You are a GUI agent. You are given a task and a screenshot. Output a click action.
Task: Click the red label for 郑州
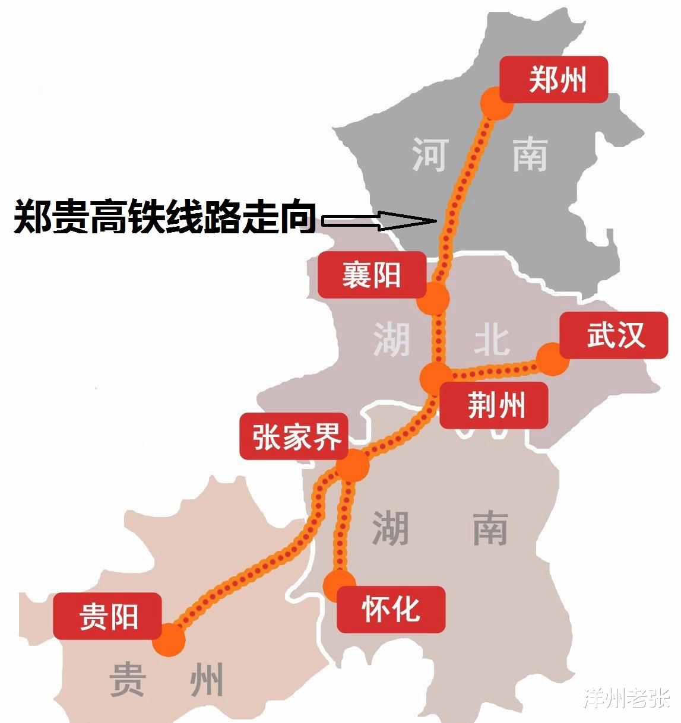click(553, 80)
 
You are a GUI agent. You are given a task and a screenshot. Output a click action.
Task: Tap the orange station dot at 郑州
click(496, 103)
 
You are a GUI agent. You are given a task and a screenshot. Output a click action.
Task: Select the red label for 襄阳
click(372, 275)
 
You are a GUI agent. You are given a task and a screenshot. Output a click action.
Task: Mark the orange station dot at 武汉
click(552, 359)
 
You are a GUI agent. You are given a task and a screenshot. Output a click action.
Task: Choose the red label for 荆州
click(493, 405)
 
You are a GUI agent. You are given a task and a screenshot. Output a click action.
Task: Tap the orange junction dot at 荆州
click(436, 377)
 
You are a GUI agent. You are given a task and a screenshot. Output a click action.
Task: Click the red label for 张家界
click(293, 436)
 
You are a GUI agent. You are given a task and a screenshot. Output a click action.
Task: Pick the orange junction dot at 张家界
click(352, 465)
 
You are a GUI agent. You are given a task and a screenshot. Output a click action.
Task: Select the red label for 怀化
click(391, 609)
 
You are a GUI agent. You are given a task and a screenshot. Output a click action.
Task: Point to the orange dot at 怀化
click(340, 585)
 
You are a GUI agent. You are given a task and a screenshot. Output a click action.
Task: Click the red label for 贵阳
click(107, 616)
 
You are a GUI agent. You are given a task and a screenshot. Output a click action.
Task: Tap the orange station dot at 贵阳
click(169, 640)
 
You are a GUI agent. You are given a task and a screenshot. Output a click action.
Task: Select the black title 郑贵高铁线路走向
click(164, 217)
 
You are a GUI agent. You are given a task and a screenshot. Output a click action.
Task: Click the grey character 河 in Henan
click(429, 155)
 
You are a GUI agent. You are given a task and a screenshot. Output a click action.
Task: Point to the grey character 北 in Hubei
click(492, 340)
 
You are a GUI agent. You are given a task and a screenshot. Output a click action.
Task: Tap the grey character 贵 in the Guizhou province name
click(128, 680)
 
